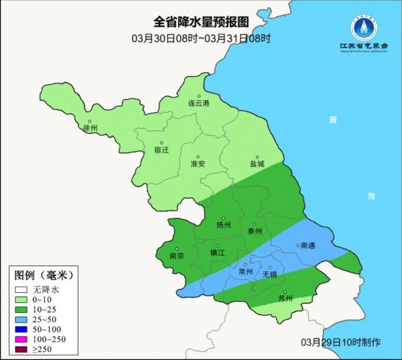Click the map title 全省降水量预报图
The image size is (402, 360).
201,23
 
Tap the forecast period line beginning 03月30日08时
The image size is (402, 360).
201,38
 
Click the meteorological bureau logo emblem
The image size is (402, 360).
364,26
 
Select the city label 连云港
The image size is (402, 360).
198,104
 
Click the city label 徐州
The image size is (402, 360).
89,127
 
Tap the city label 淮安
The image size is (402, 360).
199,164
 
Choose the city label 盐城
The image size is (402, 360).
257,164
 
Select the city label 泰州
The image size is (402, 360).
254,231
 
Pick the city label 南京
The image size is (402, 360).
177,255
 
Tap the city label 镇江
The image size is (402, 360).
218,253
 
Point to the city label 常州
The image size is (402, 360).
246,272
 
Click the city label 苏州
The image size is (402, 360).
285,299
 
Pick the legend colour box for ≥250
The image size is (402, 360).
22,350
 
